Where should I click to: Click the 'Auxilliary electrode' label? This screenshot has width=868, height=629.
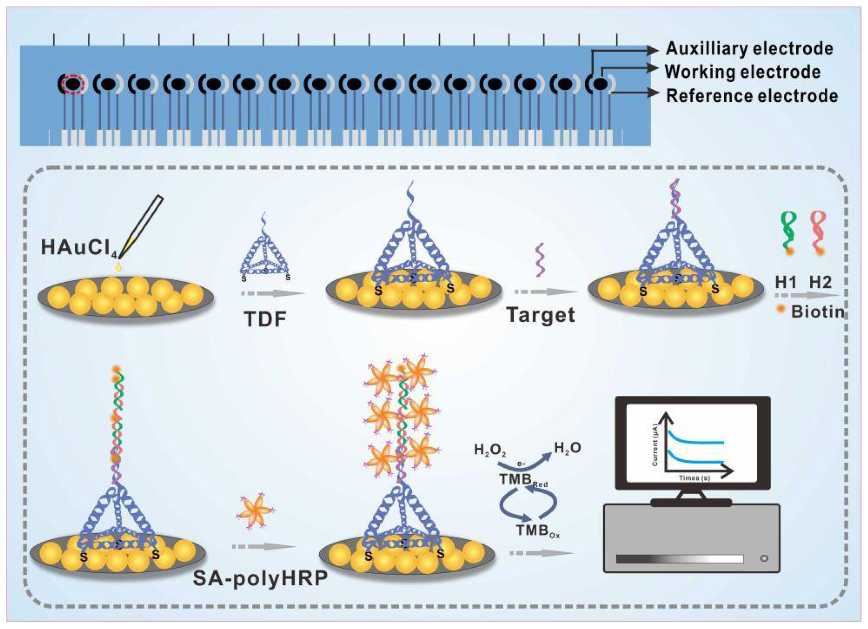point(749,49)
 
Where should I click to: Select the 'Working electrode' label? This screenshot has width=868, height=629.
point(742,72)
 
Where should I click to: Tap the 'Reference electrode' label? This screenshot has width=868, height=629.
point(752,96)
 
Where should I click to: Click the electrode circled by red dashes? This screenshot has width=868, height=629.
point(74,84)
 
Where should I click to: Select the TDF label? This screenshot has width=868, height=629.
point(265,319)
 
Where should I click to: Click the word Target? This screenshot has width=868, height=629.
point(540,315)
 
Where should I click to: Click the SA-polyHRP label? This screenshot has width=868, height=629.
point(260,578)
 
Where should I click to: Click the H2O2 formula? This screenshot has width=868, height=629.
point(490,450)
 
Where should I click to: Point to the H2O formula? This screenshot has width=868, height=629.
point(567,448)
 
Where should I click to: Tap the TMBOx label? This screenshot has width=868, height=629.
point(537,531)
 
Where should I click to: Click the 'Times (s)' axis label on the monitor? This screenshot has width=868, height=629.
point(694,478)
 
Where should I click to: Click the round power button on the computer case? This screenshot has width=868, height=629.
point(764,559)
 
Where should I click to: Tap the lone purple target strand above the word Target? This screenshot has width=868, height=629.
point(540,259)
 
